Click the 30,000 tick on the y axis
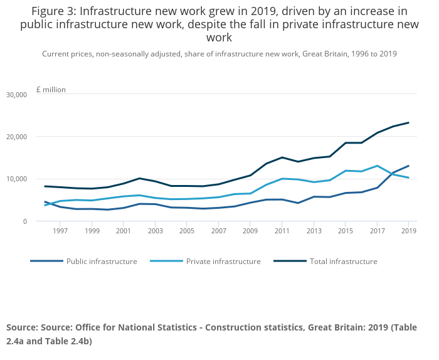tap(16, 95)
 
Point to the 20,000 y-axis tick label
tap(16, 137)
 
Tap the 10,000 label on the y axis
tap(16, 179)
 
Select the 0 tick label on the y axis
tap(25, 221)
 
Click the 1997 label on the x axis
tap(60, 231)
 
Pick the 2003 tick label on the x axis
tap(155, 231)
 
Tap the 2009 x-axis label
tap(250, 231)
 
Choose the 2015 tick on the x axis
tap(345, 231)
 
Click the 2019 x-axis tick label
tap(408, 231)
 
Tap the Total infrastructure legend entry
tap(344, 262)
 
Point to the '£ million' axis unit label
tap(51, 90)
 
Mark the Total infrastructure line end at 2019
tap(408, 122)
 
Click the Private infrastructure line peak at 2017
tap(377, 166)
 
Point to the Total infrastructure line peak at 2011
tap(282, 157)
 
